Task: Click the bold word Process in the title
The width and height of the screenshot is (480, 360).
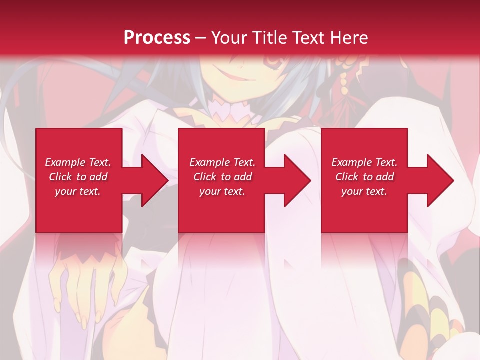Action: click(157, 38)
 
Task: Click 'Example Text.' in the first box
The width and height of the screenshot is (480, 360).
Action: click(78, 162)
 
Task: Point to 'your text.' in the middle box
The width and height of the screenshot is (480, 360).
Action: click(222, 191)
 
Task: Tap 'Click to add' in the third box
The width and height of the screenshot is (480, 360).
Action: click(364, 177)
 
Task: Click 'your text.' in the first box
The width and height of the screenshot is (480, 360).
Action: click(78, 191)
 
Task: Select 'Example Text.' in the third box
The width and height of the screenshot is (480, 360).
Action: click(364, 162)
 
